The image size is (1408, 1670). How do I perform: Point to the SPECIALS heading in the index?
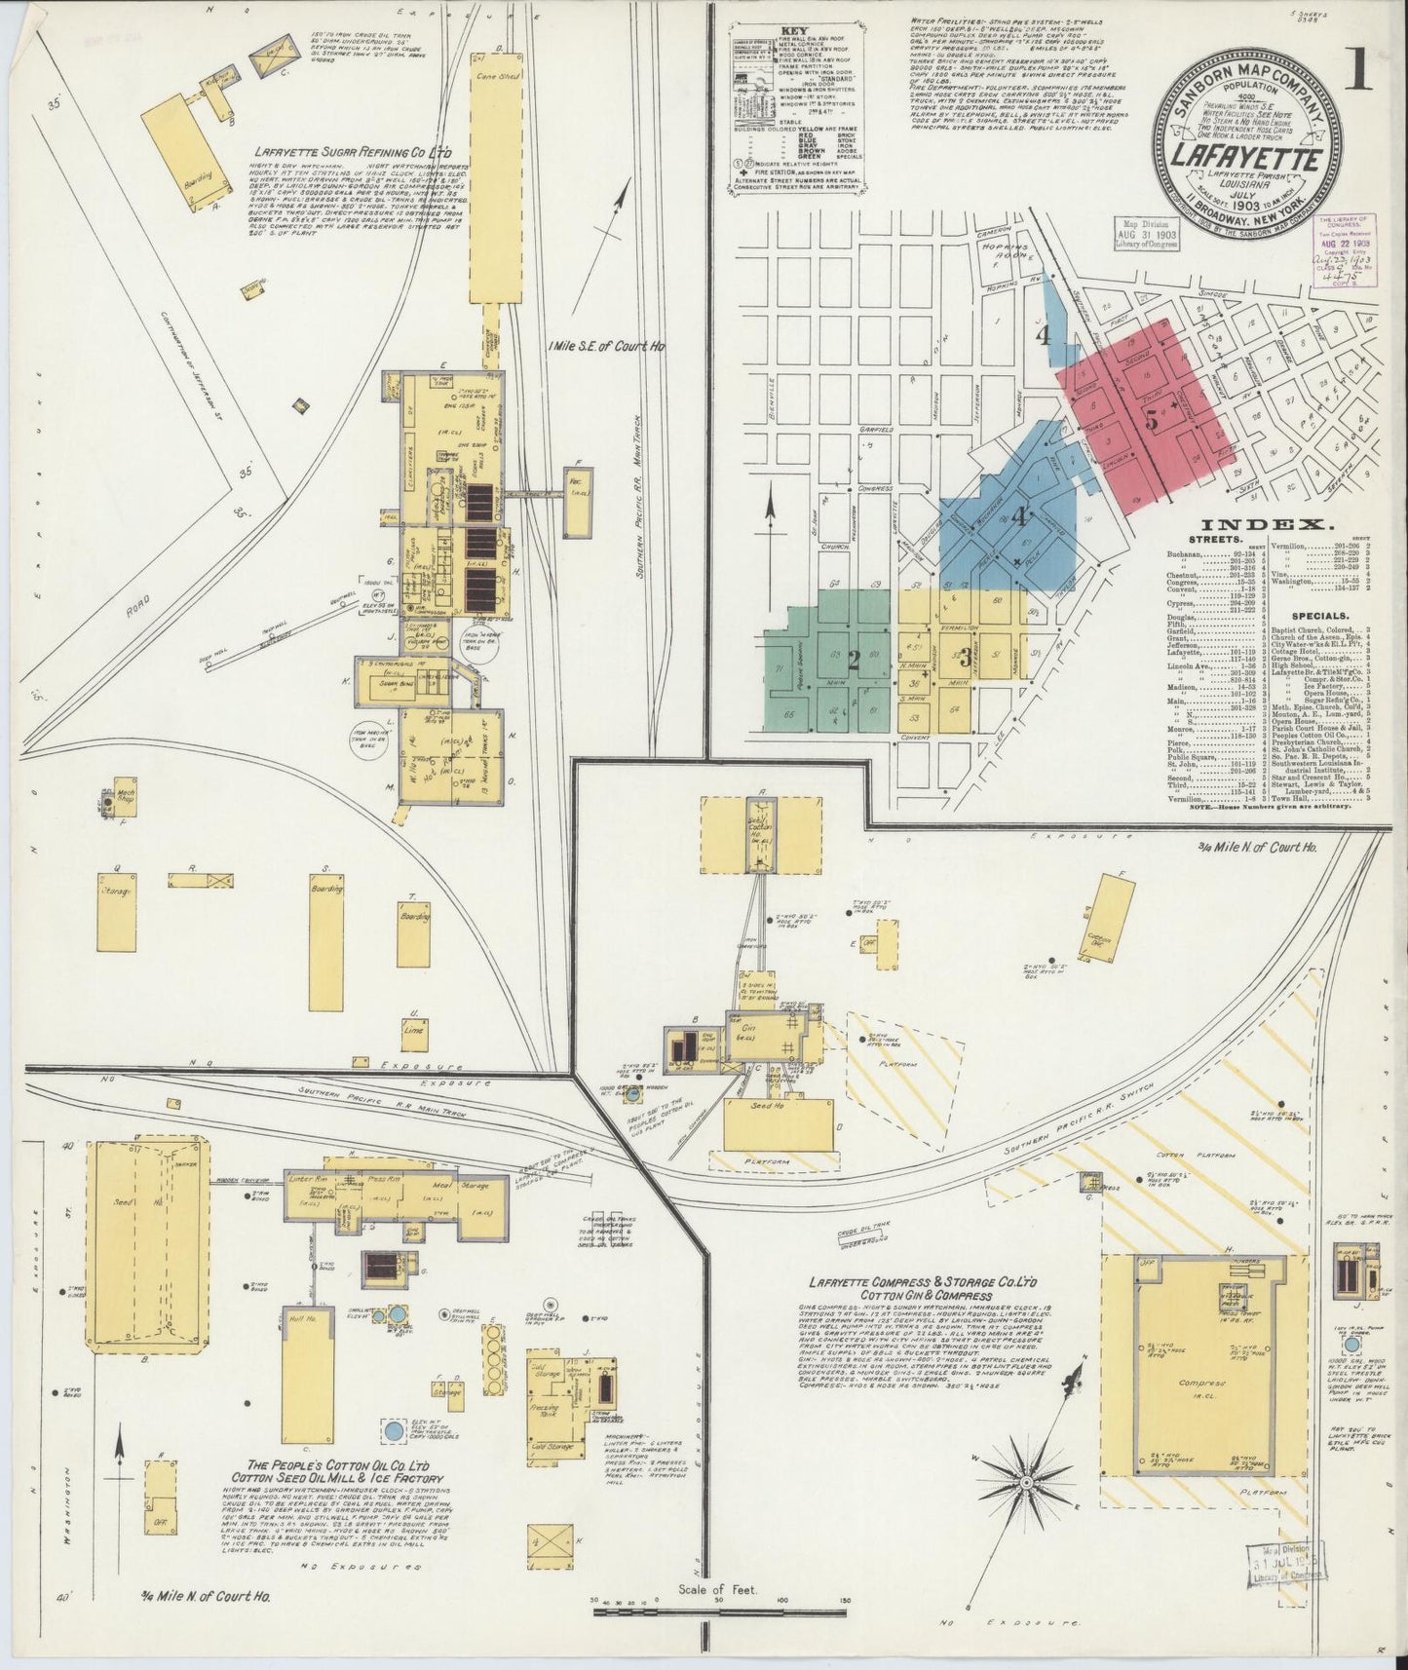[1319, 617]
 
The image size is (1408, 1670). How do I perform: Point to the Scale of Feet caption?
[708, 1589]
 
